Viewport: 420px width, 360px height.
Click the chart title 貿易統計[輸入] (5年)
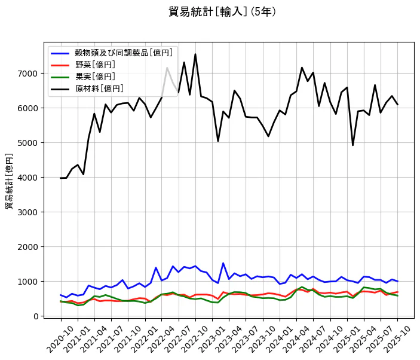coord(222,11)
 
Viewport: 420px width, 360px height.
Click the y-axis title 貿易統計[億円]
coord(10,181)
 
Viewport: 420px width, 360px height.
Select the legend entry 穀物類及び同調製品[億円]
coord(108,53)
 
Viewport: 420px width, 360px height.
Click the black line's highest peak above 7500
coord(195,54)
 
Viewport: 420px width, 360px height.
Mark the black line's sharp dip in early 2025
coord(352,145)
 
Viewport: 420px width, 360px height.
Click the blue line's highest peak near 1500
coord(223,263)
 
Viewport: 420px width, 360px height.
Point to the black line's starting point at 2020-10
coord(60,178)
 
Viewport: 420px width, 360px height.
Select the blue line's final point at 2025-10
coord(398,281)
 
